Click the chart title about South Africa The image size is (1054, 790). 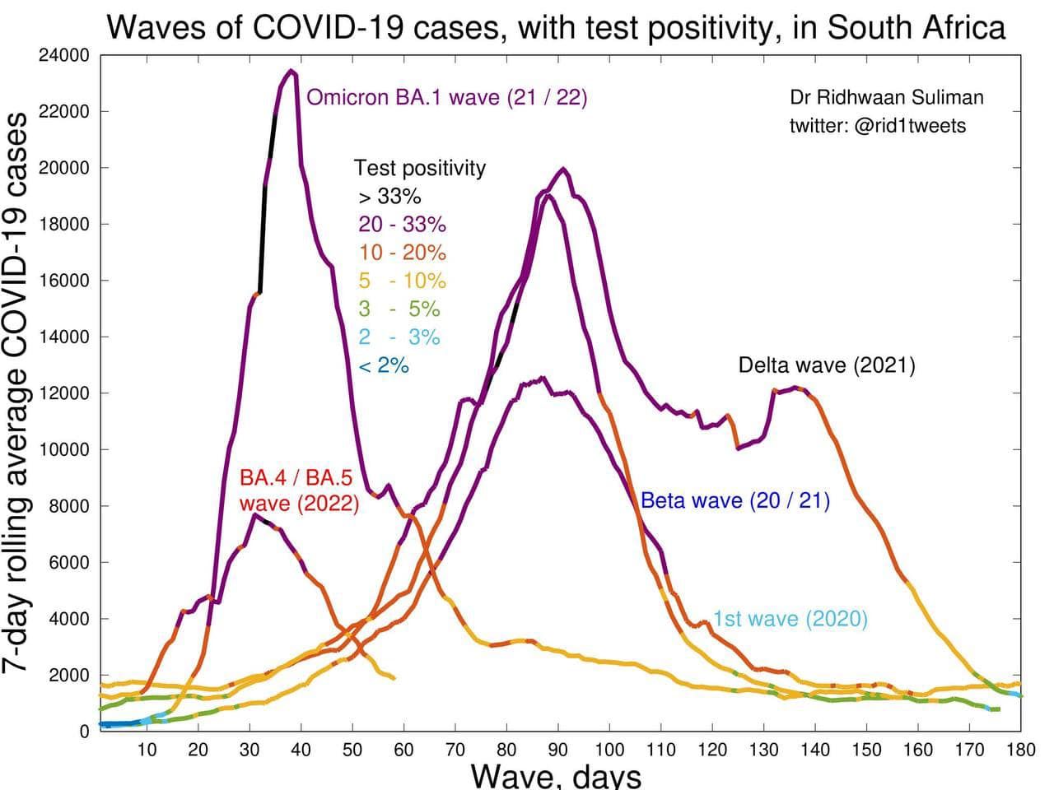[x=556, y=27]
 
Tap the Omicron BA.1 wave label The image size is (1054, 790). [x=446, y=98]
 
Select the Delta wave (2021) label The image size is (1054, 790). [x=827, y=365]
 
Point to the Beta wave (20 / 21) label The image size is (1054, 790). [x=735, y=500]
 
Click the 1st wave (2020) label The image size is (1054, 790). [x=790, y=619]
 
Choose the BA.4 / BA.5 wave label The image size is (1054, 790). [x=300, y=490]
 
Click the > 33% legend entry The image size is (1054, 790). [x=389, y=197]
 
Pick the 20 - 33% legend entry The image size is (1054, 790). [x=402, y=225]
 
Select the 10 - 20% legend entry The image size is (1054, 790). [x=402, y=253]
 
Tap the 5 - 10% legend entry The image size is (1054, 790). [x=402, y=281]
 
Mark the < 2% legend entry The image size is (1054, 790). [x=384, y=365]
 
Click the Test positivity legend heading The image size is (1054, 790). [x=420, y=169]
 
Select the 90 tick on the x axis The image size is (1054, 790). [x=558, y=750]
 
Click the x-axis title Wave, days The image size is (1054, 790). [x=556, y=775]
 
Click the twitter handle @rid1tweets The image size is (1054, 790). [x=878, y=126]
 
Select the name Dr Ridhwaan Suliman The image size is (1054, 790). [x=887, y=98]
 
